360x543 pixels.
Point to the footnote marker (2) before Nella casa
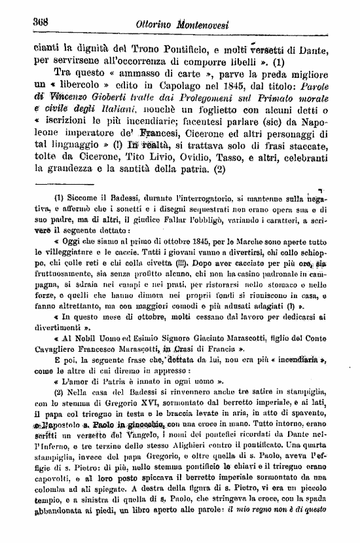pyautogui.click(x=60, y=390)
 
